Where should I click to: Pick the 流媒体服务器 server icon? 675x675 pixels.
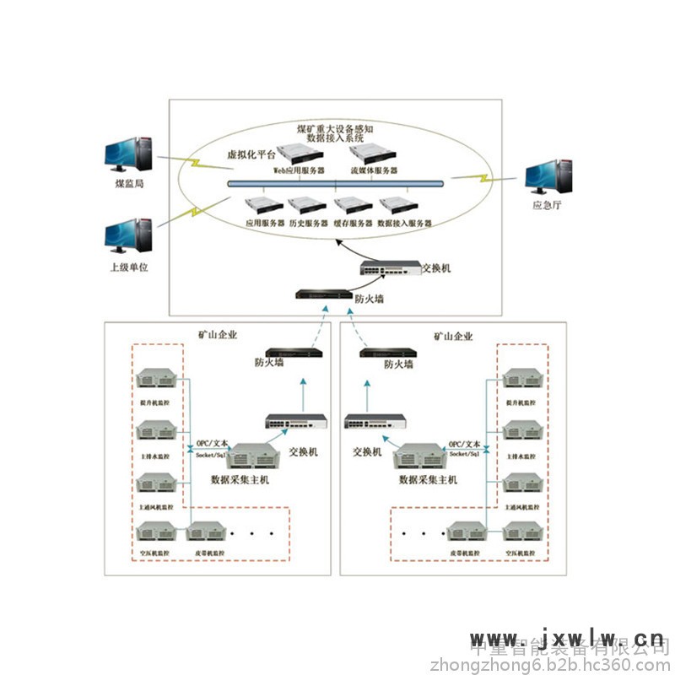374,153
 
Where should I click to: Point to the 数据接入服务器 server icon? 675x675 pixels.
399,206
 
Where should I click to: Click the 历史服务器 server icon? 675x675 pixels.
307,206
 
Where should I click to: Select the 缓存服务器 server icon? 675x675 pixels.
353,206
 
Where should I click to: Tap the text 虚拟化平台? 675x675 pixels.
251,155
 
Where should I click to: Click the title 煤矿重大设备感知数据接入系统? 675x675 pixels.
335,132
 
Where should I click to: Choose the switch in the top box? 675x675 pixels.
390,267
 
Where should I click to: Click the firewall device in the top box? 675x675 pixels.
321,294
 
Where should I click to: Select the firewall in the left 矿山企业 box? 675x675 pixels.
294,353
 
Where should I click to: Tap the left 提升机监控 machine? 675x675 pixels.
156,380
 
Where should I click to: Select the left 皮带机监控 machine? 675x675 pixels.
206,533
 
